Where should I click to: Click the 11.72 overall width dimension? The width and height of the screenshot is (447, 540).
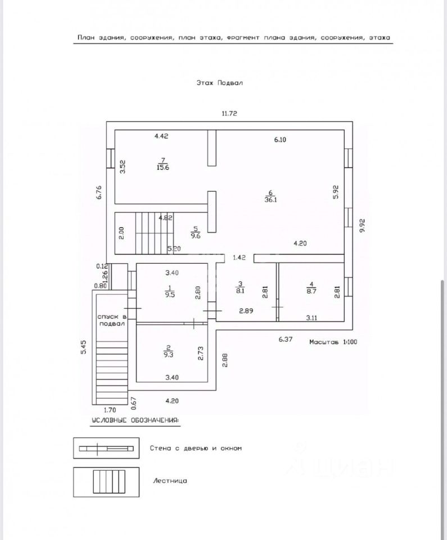pyautogui.click(x=229, y=113)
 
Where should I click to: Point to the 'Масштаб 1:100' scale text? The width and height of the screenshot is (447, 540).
pyautogui.click(x=333, y=341)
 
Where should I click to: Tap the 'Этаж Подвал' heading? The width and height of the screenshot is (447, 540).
pyautogui.click(x=219, y=82)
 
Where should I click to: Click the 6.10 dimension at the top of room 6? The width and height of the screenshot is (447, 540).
pyautogui.click(x=280, y=140)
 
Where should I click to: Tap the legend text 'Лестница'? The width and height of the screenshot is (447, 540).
pyautogui.click(x=170, y=481)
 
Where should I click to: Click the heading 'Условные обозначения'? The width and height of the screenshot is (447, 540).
pyautogui.click(x=135, y=420)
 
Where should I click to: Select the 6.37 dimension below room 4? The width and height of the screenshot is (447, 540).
pyautogui.click(x=286, y=339)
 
